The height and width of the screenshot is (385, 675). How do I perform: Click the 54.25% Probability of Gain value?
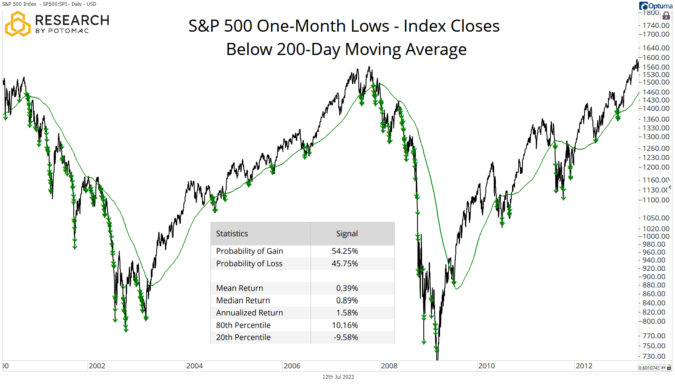[345, 251]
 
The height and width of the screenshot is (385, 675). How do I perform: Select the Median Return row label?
[243, 300]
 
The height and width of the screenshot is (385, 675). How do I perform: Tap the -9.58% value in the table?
[345, 337]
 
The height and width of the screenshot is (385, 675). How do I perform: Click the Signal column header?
[347, 234]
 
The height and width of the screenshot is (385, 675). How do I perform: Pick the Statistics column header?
[232, 234]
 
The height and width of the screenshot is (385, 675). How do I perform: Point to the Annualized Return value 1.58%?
[347, 313]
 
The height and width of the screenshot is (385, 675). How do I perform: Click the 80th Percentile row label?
[243, 325]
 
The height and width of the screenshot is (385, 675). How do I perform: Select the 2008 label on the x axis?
[389, 366]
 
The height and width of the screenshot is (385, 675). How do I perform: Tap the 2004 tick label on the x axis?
[194, 366]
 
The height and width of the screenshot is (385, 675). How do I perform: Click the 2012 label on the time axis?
[584, 366]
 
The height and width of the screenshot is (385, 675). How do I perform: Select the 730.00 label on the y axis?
[654, 356]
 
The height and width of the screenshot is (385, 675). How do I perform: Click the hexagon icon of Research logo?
[17, 24]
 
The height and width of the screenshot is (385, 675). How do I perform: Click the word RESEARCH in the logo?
[72, 20]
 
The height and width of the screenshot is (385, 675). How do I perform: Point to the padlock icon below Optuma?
[666, 16]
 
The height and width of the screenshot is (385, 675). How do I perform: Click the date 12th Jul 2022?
[338, 377]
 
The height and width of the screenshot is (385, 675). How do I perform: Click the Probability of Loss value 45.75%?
[345, 264]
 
